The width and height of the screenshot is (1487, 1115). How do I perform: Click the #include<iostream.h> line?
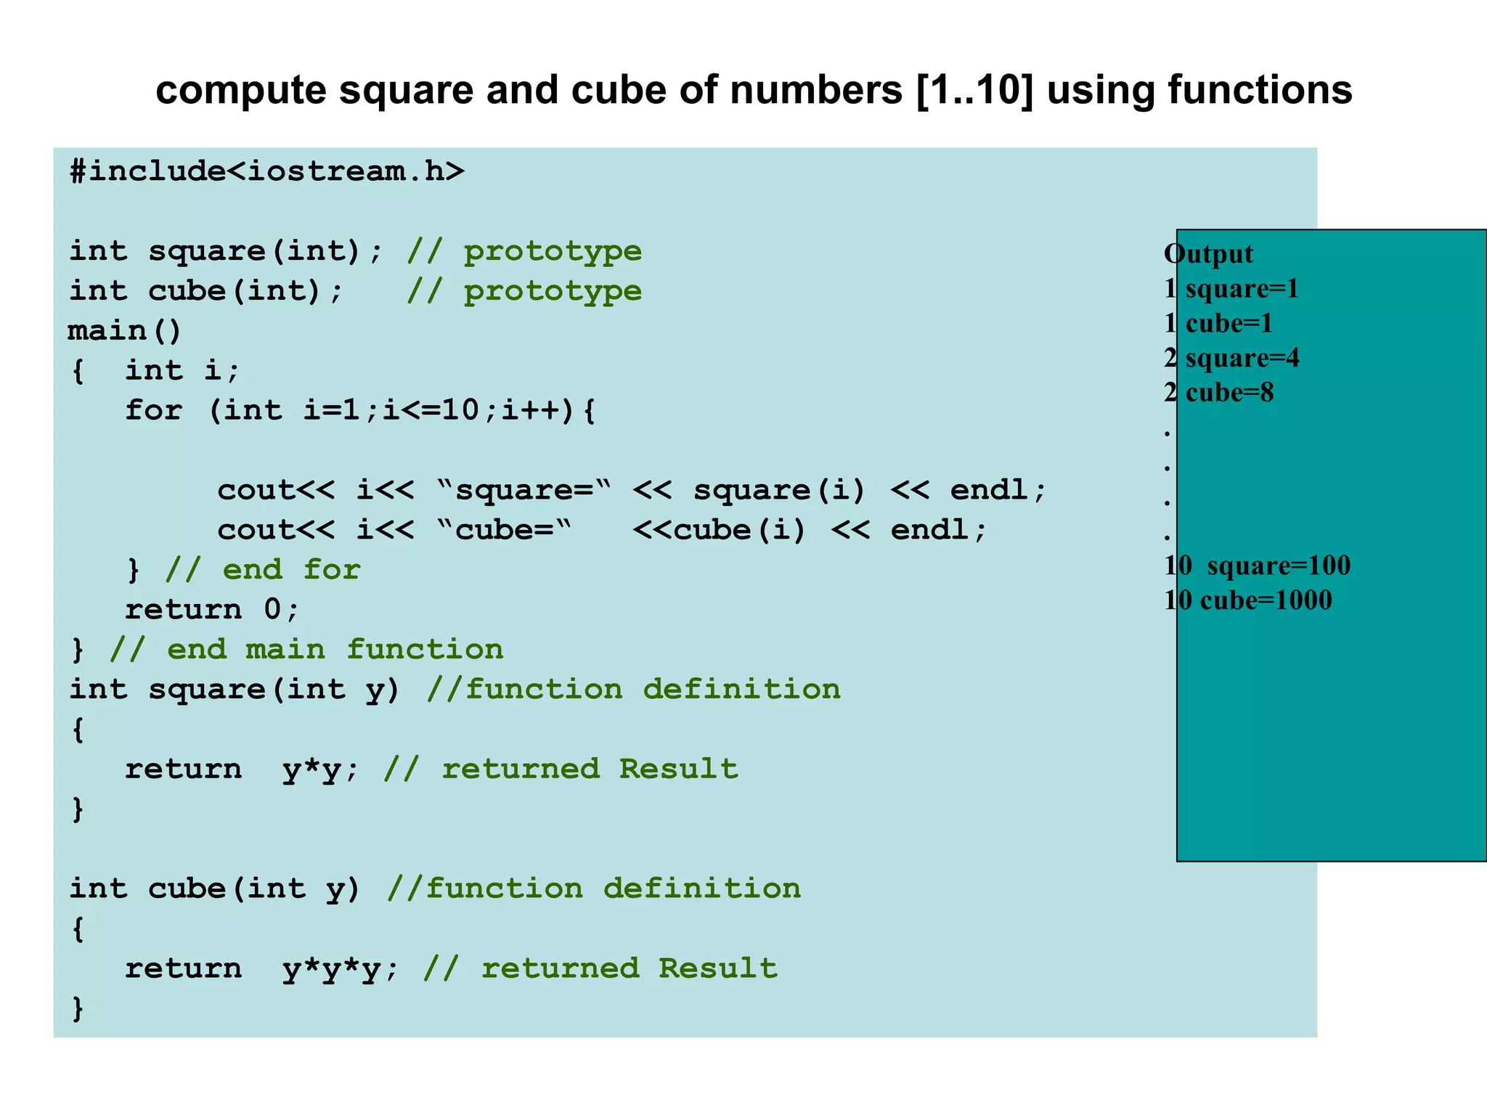tap(266, 172)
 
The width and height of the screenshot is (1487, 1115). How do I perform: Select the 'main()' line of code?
tap(124, 331)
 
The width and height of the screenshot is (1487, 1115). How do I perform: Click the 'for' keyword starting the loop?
tap(153, 410)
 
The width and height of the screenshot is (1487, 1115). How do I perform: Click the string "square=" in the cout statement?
tap(524, 490)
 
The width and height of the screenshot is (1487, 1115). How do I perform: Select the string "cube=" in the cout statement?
tap(505, 530)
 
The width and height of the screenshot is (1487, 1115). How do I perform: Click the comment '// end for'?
tap(262, 570)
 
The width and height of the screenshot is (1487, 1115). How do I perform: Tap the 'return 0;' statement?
tap(211, 610)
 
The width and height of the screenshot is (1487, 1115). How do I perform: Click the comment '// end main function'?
tap(306, 650)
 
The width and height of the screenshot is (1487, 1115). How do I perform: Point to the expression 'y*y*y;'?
tap(341, 969)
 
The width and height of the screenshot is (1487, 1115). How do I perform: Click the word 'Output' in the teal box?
tap(1208, 254)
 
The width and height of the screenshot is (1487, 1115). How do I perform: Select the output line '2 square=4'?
tap(1231, 358)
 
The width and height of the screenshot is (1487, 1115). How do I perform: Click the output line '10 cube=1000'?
tap(1247, 600)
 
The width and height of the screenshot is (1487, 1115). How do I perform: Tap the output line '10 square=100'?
tap(1257, 565)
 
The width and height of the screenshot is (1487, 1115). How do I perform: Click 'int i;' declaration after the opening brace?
tap(182, 371)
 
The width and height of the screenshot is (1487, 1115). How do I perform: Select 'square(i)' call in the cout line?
tap(779, 490)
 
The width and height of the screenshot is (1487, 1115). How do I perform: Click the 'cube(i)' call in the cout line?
tap(740, 530)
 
